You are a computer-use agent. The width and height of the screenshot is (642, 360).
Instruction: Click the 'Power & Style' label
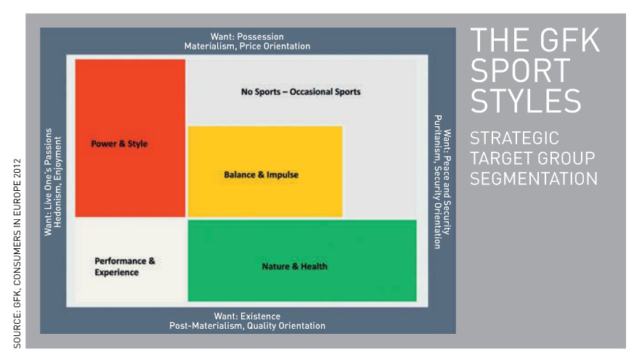click(x=119, y=144)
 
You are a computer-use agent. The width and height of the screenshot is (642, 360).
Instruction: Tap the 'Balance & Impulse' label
click(x=261, y=175)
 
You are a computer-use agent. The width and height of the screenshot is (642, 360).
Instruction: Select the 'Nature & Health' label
click(x=295, y=266)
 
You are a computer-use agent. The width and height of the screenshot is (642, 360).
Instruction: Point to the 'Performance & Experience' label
click(x=125, y=266)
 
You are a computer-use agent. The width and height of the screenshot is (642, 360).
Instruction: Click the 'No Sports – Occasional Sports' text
click(x=301, y=91)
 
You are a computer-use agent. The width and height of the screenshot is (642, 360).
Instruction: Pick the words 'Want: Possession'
click(x=247, y=36)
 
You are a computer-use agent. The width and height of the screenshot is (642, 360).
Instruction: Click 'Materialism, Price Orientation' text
click(x=248, y=46)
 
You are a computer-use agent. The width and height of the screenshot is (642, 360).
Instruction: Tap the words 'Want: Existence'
click(x=248, y=316)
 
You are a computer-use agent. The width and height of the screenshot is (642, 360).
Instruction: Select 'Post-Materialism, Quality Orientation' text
click(x=248, y=326)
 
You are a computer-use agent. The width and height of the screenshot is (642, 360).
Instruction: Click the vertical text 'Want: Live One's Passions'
click(x=49, y=181)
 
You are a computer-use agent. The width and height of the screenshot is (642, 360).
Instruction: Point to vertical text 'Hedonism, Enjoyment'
click(x=57, y=181)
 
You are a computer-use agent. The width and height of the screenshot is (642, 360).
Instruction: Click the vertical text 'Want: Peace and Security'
click(x=447, y=182)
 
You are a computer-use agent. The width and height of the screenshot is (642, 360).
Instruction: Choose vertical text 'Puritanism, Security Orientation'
click(x=438, y=182)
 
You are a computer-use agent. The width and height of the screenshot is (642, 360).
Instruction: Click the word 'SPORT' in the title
click(x=521, y=71)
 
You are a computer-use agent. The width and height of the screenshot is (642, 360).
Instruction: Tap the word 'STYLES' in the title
click(x=526, y=101)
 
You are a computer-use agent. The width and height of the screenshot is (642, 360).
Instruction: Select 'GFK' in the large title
click(x=569, y=40)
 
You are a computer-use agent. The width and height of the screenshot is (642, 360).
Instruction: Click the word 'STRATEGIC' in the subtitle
click(x=514, y=139)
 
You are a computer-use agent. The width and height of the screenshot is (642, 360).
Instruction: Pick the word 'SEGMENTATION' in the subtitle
click(x=534, y=179)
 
